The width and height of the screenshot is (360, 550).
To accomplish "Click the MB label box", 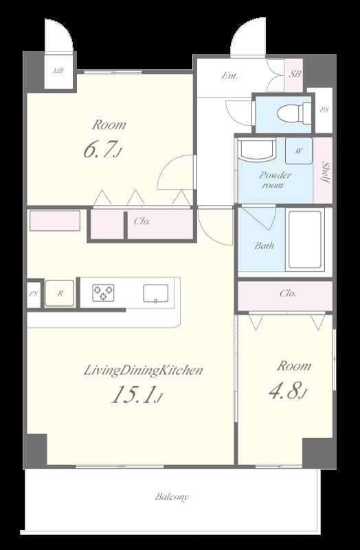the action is [x=58, y=71].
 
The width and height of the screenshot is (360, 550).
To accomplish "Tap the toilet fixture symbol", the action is [x=294, y=113].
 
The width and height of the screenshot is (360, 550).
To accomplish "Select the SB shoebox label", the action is [x=295, y=74].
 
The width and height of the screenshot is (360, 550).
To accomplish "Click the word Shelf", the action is [x=326, y=173].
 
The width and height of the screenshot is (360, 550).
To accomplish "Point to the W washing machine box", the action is [x=299, y=151].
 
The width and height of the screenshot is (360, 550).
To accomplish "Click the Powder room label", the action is [x=275, y=179].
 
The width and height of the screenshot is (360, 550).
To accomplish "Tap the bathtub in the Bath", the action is [x=305, y=239].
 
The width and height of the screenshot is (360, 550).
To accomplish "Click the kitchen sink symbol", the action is [x=156, y=294].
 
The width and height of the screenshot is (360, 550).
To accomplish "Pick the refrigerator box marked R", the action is [x=60, y=294].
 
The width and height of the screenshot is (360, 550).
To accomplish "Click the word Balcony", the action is [x=172, y=497].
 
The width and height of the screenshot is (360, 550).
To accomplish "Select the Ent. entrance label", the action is [x=229, y=76].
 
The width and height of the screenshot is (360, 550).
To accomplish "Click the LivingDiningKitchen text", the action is [x=144, y=371].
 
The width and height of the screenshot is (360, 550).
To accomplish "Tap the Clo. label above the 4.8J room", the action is [x=288, y=293].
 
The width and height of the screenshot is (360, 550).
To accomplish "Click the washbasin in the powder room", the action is [x=257, y=150].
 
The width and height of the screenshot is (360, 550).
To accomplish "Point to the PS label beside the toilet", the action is [x=324, y=109].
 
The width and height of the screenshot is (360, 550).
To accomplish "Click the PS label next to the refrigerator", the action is [x=33, y=294].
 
